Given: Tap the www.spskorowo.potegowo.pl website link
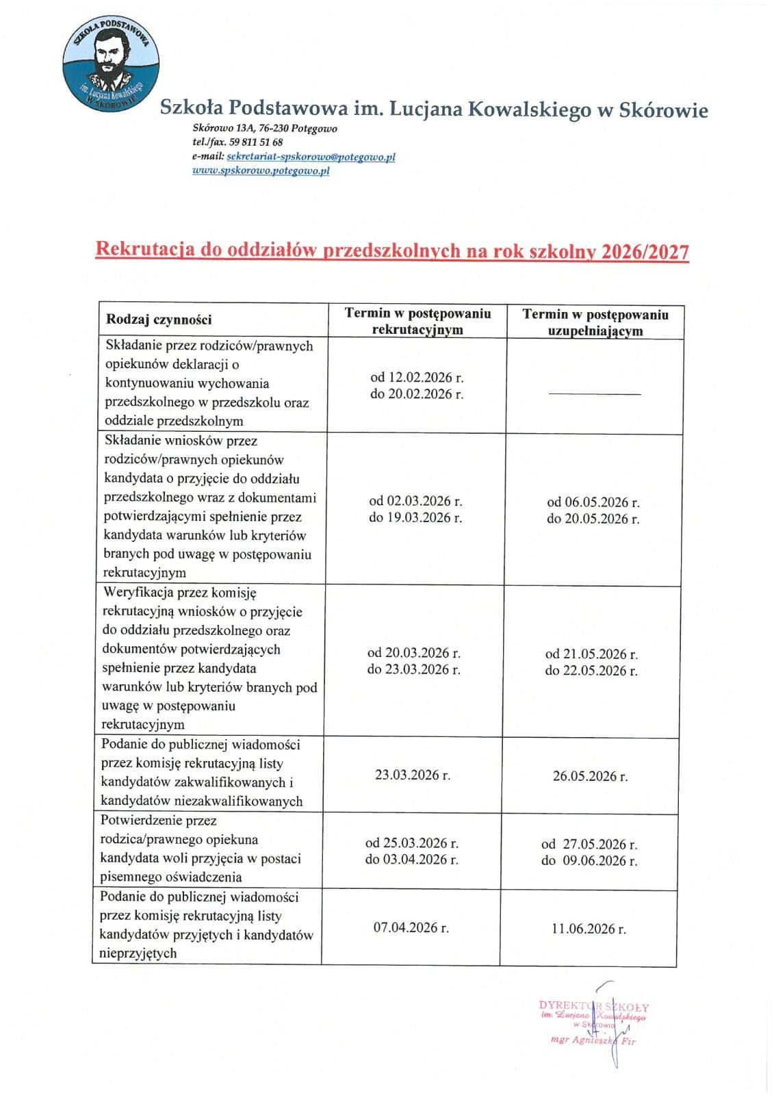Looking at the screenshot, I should (x=261, y=171).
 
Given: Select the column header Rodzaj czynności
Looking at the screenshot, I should (x=159, y=320).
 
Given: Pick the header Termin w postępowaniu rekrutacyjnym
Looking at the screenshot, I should (x=417, y=322).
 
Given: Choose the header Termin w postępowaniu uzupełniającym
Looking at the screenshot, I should (x=595, y=322).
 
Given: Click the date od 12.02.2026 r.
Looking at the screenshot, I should (x=417, y=377).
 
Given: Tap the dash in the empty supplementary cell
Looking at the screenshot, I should (x=595, y=394).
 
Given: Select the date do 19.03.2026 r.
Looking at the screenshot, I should (x=415, y=517).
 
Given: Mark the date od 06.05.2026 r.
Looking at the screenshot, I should (x=593, y=502).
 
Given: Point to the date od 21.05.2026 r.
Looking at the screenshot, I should (x=591, y=654).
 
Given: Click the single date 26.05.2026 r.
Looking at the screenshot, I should (x=590, y=776).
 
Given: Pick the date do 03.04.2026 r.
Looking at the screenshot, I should (x=411, y=860).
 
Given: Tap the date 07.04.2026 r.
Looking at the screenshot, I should (x=411, y=928).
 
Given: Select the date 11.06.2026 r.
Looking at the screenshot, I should (x=589, y=929).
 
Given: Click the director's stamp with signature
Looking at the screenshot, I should (x=594, y=1024).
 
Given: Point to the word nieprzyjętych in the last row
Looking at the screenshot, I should (x=139, y=953).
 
